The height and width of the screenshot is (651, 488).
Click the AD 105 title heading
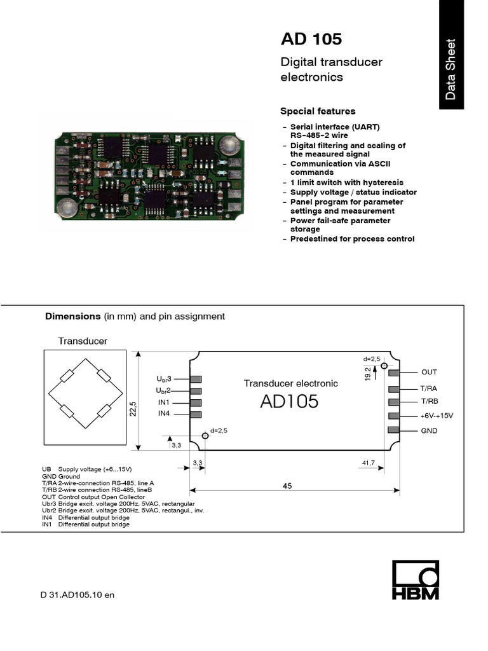[311, 39]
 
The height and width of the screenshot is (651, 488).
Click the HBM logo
[415, 580]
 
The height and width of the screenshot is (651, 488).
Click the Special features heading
[318, 111]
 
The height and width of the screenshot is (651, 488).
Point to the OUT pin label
[429, 372]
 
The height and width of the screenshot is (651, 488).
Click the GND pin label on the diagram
[429, 430]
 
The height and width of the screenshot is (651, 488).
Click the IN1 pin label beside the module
[165, 402]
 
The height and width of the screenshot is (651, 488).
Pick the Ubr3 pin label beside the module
[163, 379]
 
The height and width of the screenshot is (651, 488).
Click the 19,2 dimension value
[368, 374]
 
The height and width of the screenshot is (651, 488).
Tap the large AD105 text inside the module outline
[289, 402]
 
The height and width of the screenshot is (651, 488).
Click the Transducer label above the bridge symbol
[83, 341]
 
